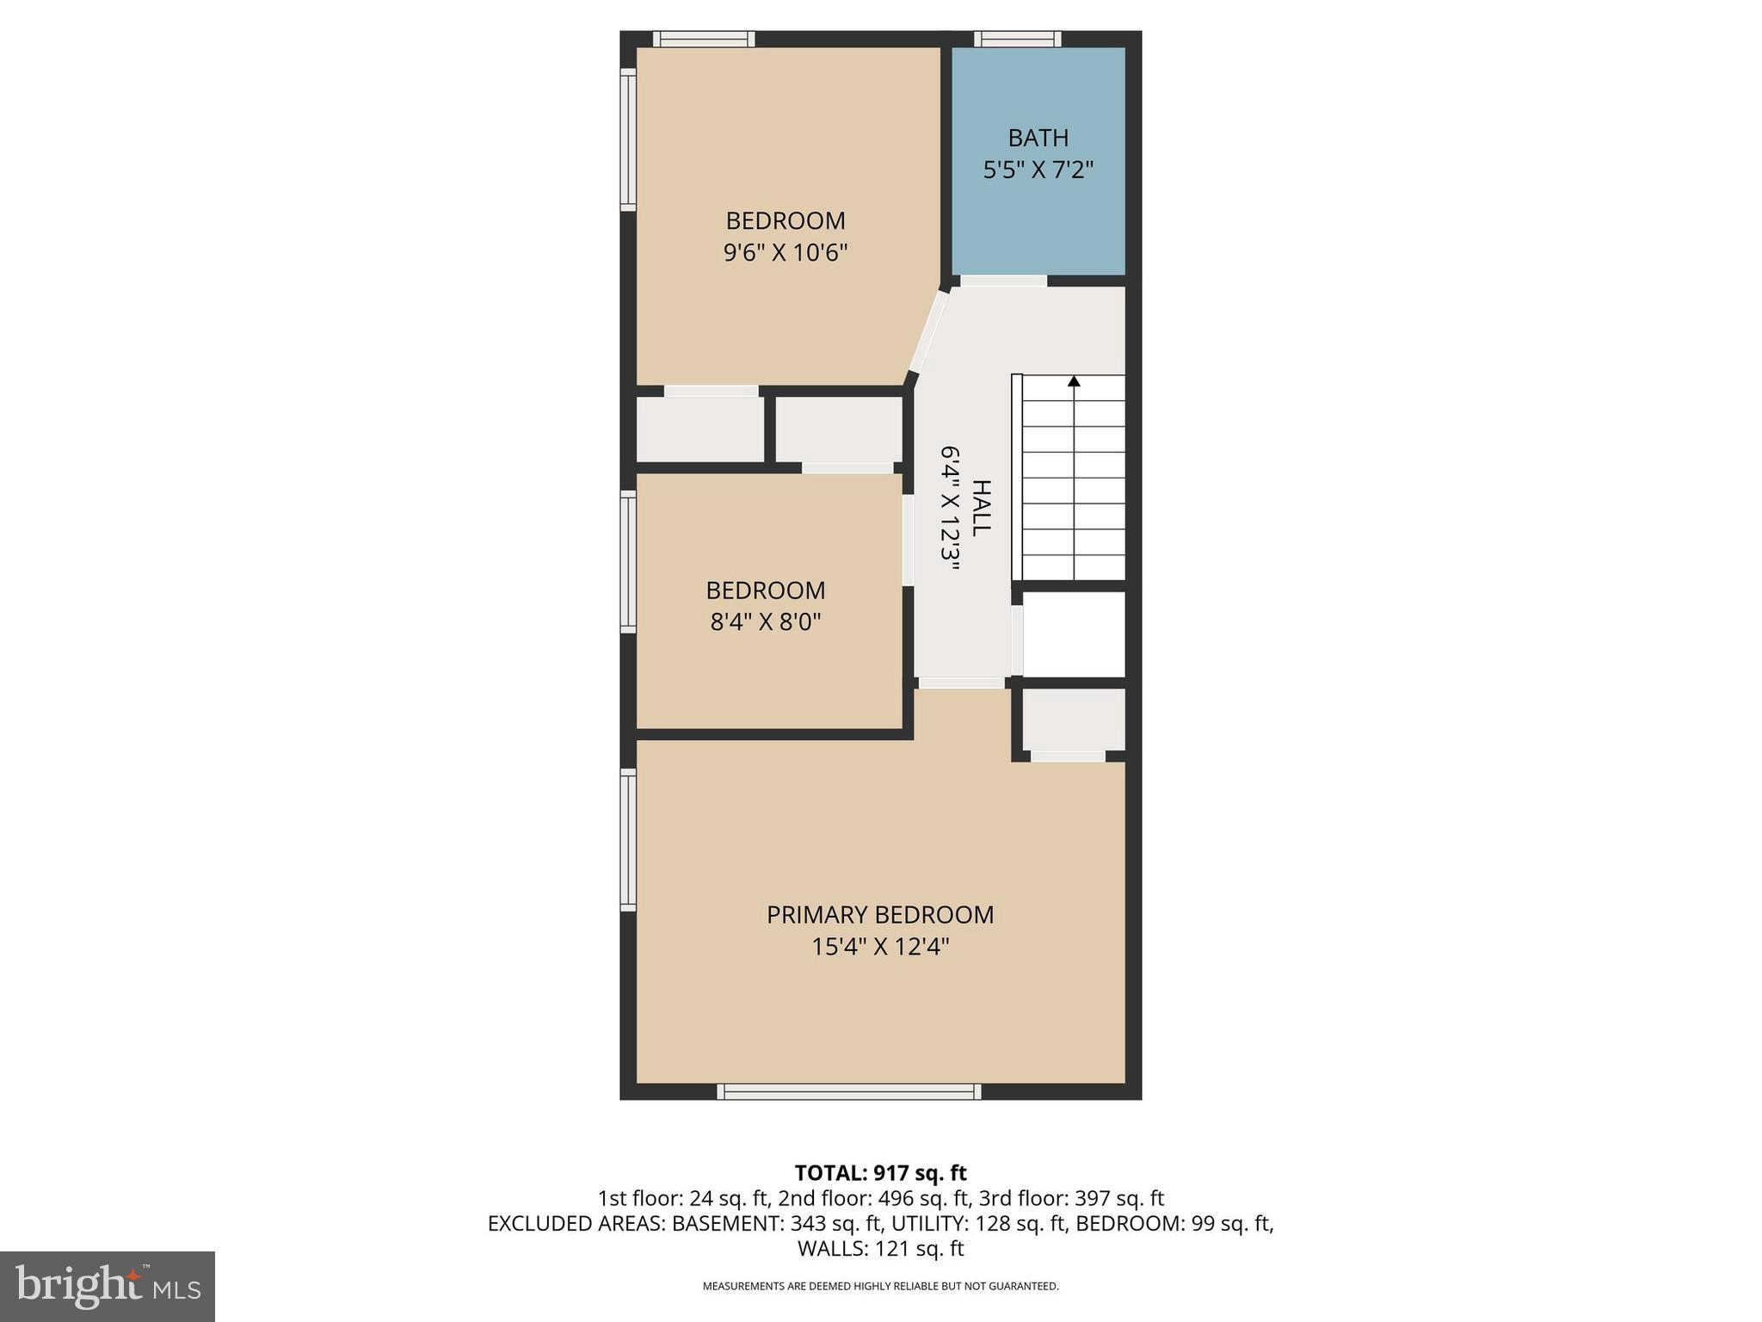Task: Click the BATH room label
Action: [x=1038, y=138]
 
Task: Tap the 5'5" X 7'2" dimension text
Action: [x=1038, y=170]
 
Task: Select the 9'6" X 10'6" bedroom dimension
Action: [x=786, y=253]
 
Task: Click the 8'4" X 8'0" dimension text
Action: [x=765, y=621]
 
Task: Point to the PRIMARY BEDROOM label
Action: [x=880, y=915]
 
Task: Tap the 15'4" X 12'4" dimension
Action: [x=880, y=948]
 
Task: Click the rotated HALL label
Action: [x=981, y=508]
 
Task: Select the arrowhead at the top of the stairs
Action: [x=1074, y=380]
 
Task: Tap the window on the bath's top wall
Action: [x=1017, y=39]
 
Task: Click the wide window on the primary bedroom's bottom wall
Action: [x=849, y=1091]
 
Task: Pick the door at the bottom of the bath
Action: [x=1003, y=281]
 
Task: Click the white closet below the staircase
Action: [x=1074, y=634]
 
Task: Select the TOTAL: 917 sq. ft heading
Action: [x=880, y=1173]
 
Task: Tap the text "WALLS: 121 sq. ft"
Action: [x=880, y=1248]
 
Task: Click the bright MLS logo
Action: [x=108, y=1286]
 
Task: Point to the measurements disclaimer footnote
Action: [x=880, y=1287]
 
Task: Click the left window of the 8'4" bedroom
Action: [x=629, y=562]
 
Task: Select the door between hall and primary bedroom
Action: [x=961, y=683]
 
